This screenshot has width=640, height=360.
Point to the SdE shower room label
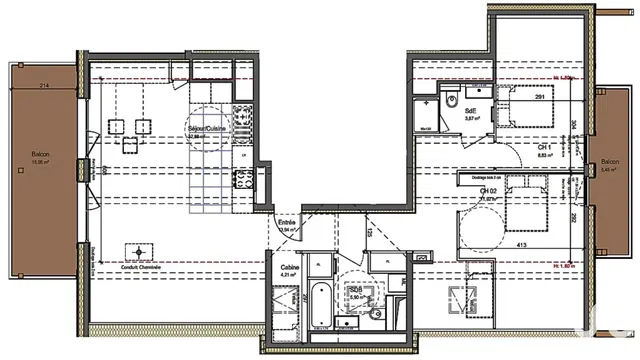pyautogui.click(x=472, y=111)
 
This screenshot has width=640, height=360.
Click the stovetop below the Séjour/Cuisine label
pyautogui.click(x=241, y=181)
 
